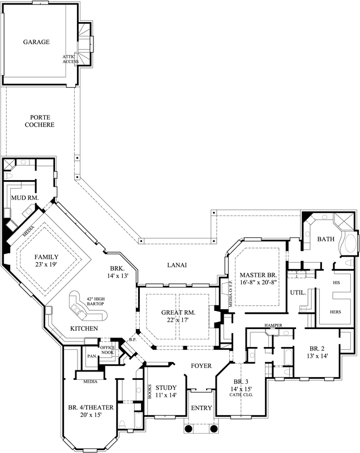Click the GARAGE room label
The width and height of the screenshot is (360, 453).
coord(36,42)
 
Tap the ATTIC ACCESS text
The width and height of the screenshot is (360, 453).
coord(71,59)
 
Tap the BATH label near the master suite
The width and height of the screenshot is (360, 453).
coord(326,240)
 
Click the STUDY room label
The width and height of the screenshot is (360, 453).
coord(166,387)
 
